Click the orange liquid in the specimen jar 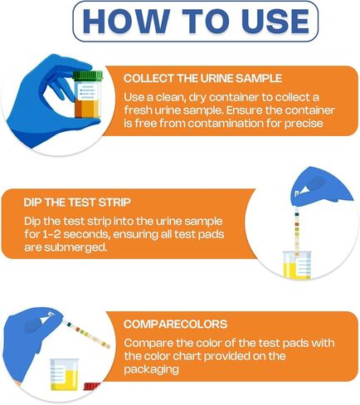point(85,105)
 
